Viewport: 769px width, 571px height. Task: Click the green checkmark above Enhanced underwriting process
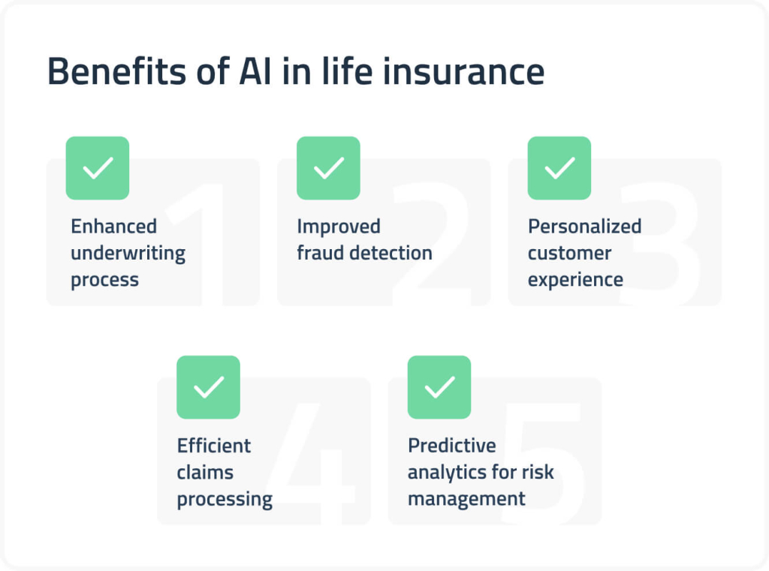tap(98, 168)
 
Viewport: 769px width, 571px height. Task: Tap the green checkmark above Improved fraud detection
tap(328, 168)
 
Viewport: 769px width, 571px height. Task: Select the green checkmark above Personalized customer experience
tap(559, 168)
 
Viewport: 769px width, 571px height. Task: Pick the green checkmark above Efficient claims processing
tap(209, 387)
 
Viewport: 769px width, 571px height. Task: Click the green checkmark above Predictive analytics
tap(439, 387)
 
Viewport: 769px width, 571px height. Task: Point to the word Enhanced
tap(113, 227)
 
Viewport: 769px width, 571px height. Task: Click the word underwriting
tap(128, 254)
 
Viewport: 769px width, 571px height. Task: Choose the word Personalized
tap(584, 227)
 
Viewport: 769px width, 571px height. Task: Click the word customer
tap(569, 254)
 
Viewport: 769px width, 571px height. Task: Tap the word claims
tap(205, 473)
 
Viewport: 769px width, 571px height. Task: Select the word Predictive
tap(451, 446)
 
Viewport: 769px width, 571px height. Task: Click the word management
tap(466, 499)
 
